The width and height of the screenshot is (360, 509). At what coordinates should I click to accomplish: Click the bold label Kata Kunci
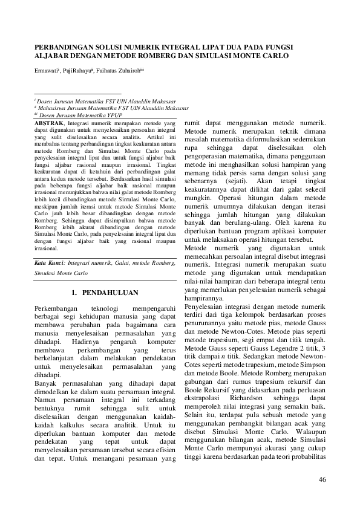(x=48, y=264)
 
